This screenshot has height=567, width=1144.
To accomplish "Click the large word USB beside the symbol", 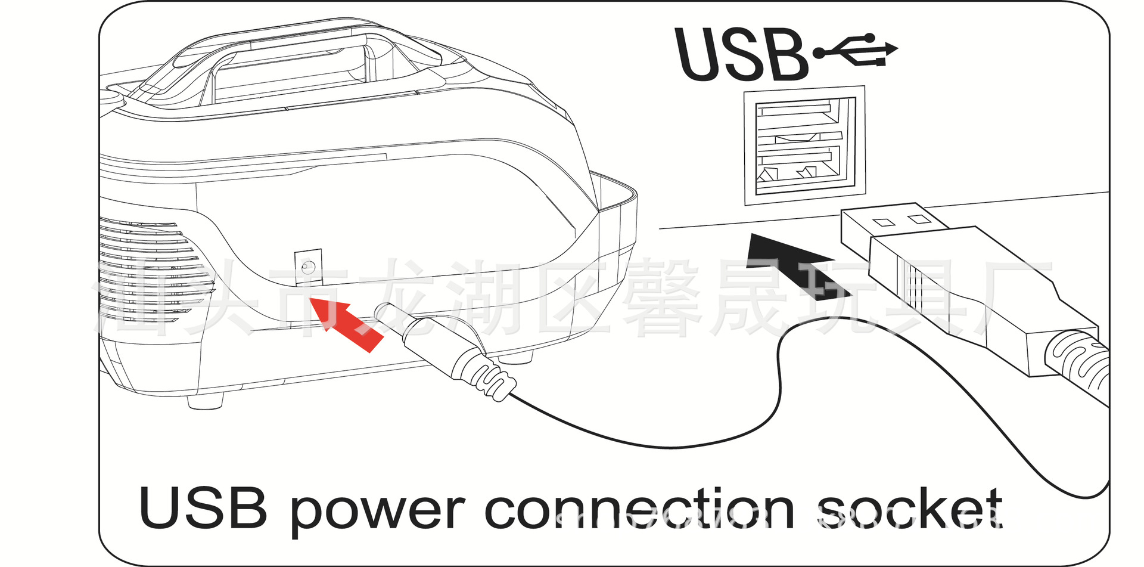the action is pyautogui.click(x=742, y=55).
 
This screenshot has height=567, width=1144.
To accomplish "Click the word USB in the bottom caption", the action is pyautogui.click(x=203, y=508).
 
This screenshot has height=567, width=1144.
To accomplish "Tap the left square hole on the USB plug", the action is pyautogui.click(x=884, y=222).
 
